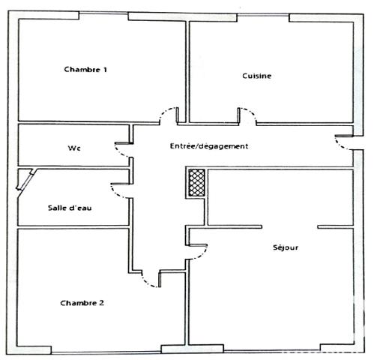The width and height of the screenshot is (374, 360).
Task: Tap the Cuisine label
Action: [256, 76]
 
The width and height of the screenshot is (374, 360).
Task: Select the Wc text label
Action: [74, 148]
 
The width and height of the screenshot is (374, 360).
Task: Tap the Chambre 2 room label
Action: [82, 303]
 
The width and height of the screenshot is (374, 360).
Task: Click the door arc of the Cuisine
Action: [248, 115]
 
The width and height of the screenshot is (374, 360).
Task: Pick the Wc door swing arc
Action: [122, 149]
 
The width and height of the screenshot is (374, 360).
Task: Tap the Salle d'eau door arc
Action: [120, 190]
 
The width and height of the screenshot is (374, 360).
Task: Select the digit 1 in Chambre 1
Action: [105, 70]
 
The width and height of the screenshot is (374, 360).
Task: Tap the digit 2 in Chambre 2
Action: [102, 303]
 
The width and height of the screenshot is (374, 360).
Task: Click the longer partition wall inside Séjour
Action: [235, 225]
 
